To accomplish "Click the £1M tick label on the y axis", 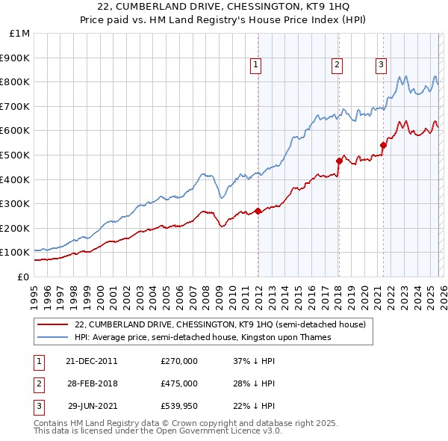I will tap(20, 33).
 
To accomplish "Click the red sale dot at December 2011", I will tap(258, 211).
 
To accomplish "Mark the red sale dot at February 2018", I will tap(339, 161).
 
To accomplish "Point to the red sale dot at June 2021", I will tap(383, 145).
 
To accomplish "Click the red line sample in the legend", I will tap(52, 325).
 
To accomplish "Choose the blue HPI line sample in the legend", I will tap(52, 338).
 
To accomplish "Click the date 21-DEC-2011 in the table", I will tap(92, 361).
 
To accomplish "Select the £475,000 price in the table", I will tap(178, 383).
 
